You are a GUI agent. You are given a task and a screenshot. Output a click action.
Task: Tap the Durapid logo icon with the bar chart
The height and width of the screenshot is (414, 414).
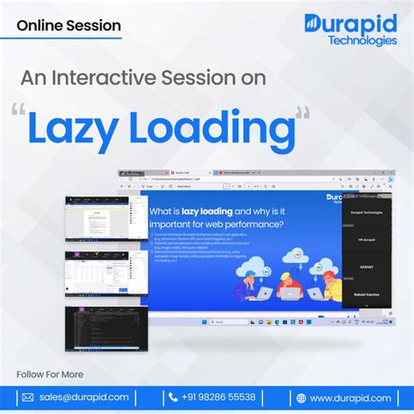(314, 24)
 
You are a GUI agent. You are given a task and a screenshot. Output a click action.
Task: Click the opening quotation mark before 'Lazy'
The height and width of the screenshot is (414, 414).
(17, 112)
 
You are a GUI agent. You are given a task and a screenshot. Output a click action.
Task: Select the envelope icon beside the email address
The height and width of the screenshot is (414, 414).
(28, 397)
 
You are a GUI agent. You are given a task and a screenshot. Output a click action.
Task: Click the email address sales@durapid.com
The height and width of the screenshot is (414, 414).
(85, 397)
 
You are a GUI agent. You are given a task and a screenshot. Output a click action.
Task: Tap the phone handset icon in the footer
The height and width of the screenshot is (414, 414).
(162, 397)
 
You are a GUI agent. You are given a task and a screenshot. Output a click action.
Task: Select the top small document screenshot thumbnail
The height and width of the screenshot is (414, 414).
(95, 222)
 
